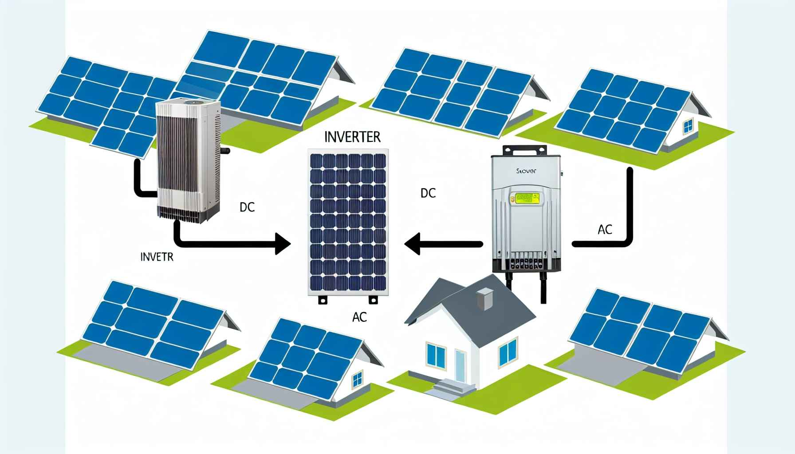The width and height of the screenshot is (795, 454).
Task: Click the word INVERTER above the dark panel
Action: [352, 137]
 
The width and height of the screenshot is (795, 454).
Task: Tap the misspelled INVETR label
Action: [156, 257]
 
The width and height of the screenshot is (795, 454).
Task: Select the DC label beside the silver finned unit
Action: [247, 207]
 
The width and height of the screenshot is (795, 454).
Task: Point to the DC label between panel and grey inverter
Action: [428, 193]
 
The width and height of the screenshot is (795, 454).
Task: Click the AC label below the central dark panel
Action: [359, 318]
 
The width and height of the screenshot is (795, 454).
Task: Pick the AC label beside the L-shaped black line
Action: [605, 230]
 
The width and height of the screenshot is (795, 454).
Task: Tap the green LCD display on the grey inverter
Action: [526, 198]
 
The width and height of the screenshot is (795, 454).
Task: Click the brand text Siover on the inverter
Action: [526, 170]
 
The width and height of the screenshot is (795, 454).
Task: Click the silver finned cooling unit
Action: [189, 162]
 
